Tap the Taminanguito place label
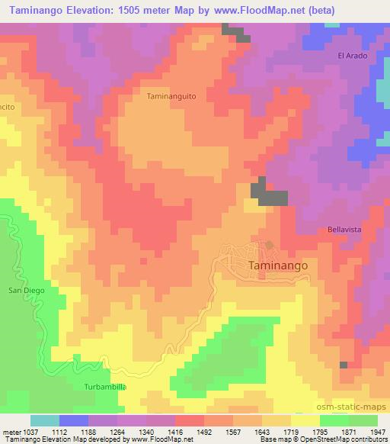pos(171,98)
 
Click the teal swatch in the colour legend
pos(45,421)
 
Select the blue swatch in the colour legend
pos(74,421)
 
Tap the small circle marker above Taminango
pos(269,245)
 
